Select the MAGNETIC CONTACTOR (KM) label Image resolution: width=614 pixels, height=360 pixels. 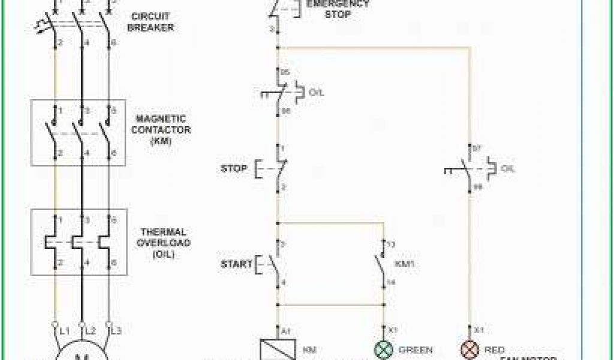point(161,130)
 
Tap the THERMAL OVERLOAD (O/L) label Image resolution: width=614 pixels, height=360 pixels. point(164,243)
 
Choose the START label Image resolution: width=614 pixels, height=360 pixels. point(235,263)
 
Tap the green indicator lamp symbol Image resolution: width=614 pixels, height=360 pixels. point(383,350)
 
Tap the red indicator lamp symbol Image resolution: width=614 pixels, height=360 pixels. point(468,350)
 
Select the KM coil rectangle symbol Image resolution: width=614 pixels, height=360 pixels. point(278,350)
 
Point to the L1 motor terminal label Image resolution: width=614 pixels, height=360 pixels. point(64,331)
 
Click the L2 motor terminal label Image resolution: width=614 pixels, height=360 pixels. point(91,331)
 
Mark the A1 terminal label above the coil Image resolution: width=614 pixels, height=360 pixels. point(286,329)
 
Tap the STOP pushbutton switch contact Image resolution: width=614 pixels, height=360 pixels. point(278,169)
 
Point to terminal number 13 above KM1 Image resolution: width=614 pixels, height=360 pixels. point(391,244)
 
